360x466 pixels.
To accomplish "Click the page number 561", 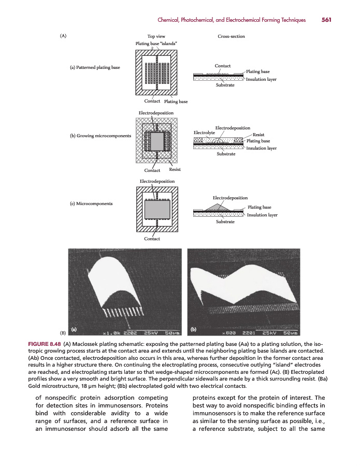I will click(x=326, y=20).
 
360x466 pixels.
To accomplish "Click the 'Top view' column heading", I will click(x=156, y=36).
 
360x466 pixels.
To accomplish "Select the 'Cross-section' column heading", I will click(x=232, y=36).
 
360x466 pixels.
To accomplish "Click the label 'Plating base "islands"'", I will click(x=156, y=43).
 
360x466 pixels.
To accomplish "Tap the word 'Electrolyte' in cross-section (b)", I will click(x=204, y=133).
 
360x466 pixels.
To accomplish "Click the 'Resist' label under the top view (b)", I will click(x=175, y=170).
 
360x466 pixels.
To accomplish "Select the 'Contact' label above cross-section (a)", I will click(x=222, y=66).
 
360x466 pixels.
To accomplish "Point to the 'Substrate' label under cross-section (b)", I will click(x=225, y=153).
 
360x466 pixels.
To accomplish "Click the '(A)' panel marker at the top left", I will click(x=63, y=36).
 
